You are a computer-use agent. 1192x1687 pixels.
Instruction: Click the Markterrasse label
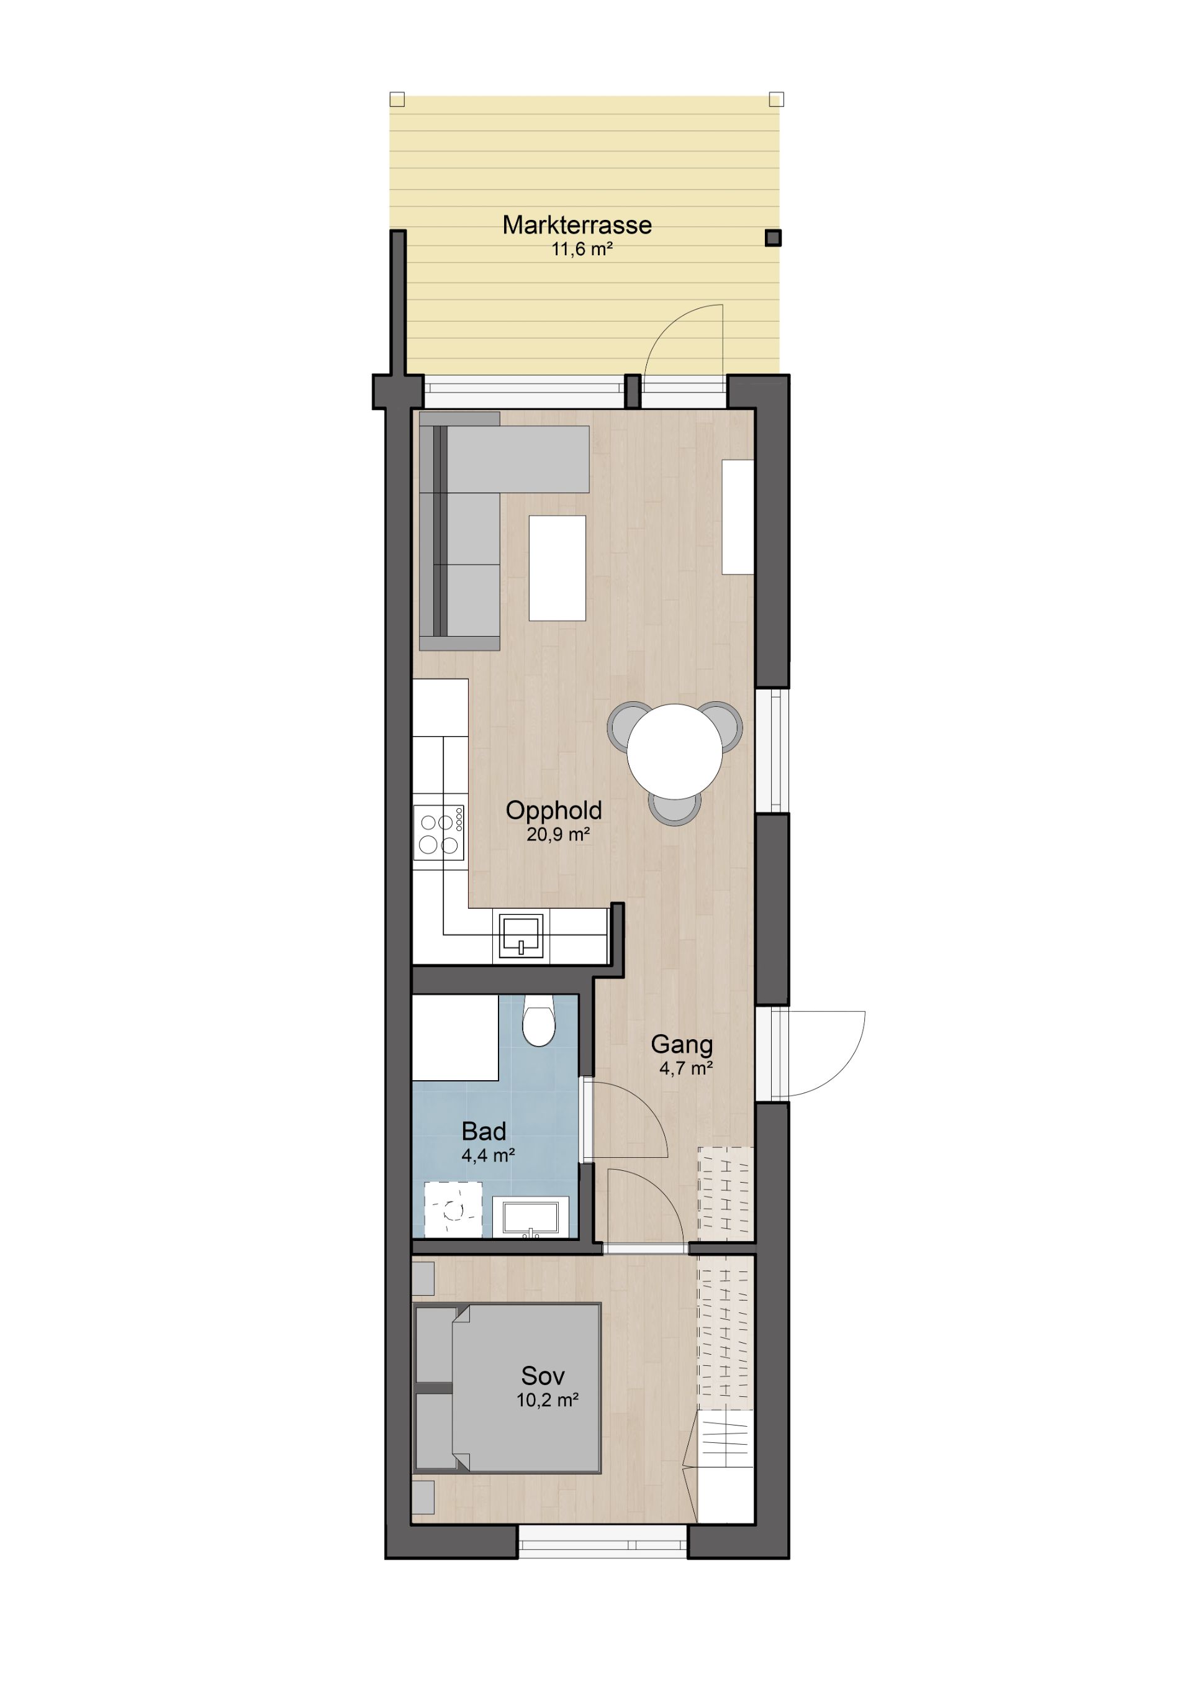click(x=577, y=225)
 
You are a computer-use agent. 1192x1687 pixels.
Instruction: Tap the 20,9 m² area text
click(x=558, y=834)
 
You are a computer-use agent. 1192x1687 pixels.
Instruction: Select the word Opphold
click(x=554, y=811)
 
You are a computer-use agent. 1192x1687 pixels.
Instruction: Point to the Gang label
click(x=682, y=1045)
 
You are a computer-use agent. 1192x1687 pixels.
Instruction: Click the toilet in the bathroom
click(x=539, y=1021)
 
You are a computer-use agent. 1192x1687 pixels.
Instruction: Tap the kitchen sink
click(x=521, y=937)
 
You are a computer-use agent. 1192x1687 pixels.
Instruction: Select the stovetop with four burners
click(x=439, y=832)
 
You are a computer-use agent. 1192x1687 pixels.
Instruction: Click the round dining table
click(x=674, y=751)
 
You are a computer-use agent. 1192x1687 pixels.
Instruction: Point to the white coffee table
click(x=558, y=568)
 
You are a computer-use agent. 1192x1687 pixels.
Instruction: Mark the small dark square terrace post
click(x=773, y=238)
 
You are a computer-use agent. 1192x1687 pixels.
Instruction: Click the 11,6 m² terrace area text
click(x=582, y=249)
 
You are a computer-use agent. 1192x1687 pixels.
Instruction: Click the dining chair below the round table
click(x=674, y=808)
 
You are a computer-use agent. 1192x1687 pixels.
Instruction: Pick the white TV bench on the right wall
click(x=738, y=517)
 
